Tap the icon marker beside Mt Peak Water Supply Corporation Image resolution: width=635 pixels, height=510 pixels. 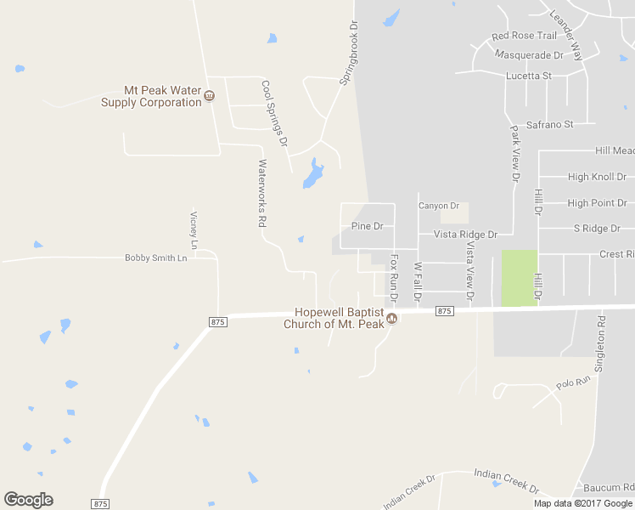[x=209, y=96]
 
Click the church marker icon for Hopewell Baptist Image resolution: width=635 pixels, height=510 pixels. [x=391, y=319]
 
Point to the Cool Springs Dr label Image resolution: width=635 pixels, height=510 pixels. [x=275, y=112]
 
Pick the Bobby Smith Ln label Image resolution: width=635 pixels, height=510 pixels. [x=155, y=258]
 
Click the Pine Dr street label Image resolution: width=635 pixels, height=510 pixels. [x=368, y=226]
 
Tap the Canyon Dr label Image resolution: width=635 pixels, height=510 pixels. [x=439, y=206]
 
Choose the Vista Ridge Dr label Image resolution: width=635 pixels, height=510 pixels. [x=465, y=234]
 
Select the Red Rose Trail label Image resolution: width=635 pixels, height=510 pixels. [x=524, y=37]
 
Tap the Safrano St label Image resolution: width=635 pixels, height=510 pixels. [x=550, y=124]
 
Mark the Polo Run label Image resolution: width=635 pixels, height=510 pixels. [x=573, y=383]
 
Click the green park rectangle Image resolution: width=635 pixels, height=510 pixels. [x=519, y=278]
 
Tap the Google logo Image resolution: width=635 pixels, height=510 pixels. [x=28, y=500]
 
